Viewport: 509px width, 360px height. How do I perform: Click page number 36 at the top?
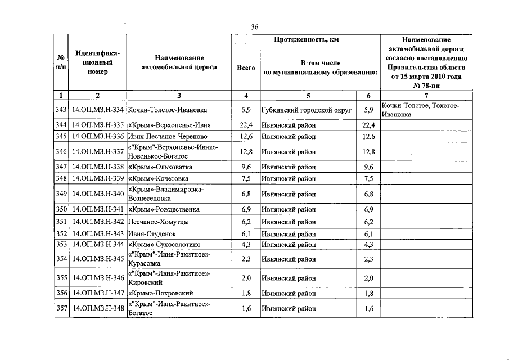pyautogui.click(x=254, y=27)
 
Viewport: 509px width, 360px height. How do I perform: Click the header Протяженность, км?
pyautogui.click(x=305, y=39)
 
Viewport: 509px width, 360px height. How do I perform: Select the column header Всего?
pyautogui.click(x=246, y=67)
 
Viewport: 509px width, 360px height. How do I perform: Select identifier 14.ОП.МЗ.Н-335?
pyautogui.click(x=98, y=125)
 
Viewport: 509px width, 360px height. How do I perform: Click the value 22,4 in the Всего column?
pyautogui.click(x=246, y=125)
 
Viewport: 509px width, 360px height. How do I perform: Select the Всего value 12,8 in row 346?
pyautogui.click(x=246, y=151)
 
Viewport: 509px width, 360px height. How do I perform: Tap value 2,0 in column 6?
pyautogui.click(x=368, y=278)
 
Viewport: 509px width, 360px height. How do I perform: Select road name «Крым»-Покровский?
pyautogui.click(x=161, y=293)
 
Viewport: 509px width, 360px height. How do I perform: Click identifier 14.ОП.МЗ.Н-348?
pyautogui.click(x=98, y=308)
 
